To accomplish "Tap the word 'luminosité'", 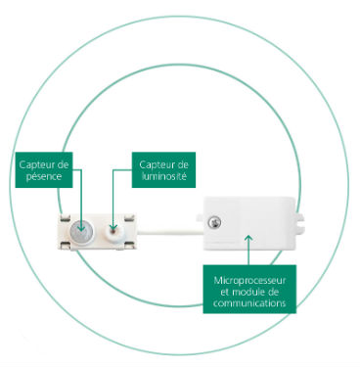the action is point(164,177).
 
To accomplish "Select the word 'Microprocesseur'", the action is point(249,280).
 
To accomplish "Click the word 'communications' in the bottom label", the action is point(249,303).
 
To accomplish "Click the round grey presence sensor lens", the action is point(81,231).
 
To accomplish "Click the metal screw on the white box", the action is point(214,223).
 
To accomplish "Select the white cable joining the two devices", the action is point(169,232).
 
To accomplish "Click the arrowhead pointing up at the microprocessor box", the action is point(248,238).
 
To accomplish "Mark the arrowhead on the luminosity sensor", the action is point(112,227).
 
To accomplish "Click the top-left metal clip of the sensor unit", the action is point(65,218).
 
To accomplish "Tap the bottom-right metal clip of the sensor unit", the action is point(129,245).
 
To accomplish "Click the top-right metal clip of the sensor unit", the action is point(129,218).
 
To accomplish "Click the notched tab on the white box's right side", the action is point(300,221).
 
